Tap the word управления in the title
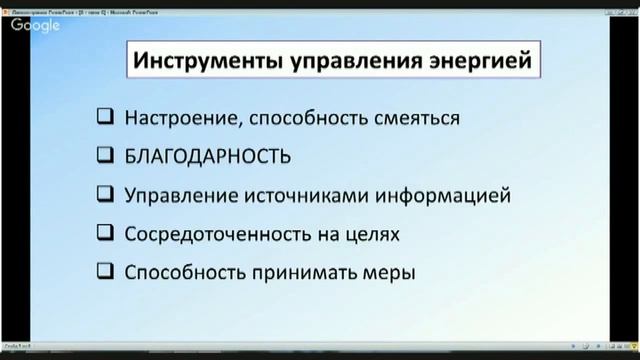pos(330,61)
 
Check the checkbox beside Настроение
pos(105,118)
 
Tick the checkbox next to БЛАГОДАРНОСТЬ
pos(105,156)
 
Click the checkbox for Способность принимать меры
pos(105,271)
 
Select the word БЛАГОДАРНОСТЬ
pos(208,157)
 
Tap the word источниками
pos(326,195)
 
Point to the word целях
pos(372,234)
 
